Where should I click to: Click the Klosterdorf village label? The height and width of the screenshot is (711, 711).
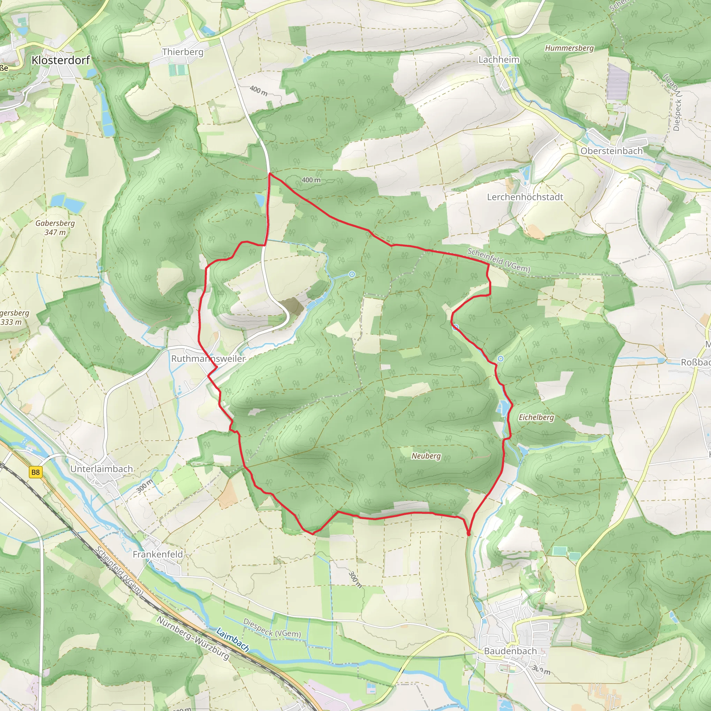tap(61, 60)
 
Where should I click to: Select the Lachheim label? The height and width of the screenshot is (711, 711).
tap(499, 60)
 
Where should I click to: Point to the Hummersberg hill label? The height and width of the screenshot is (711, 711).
tap(569, 48)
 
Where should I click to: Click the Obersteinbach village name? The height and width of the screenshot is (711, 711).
tap(611, 151)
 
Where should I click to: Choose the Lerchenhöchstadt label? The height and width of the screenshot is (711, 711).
tap(525, 197)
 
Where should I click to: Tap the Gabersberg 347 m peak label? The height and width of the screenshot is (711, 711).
tap(55, 227)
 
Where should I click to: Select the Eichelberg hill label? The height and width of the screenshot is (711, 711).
tap(536, 417)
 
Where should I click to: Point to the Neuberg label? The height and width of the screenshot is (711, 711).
tap(426, 456)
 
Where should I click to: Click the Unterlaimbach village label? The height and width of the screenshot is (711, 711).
tap(102, 469)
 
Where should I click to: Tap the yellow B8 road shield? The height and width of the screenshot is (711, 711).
tap(35, 472)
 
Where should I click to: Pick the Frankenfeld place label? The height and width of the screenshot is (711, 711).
tap(158, 554)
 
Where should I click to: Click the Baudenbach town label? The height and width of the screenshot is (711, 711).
tap(510, 651)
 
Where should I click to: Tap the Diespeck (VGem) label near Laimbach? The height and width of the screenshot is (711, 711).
tap(272, 628)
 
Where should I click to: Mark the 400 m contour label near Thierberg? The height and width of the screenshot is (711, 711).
tap(258, 91)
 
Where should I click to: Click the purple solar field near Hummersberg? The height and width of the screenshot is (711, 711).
tap(618, 82)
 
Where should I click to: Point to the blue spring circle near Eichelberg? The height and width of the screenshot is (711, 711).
tap(500, 358)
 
